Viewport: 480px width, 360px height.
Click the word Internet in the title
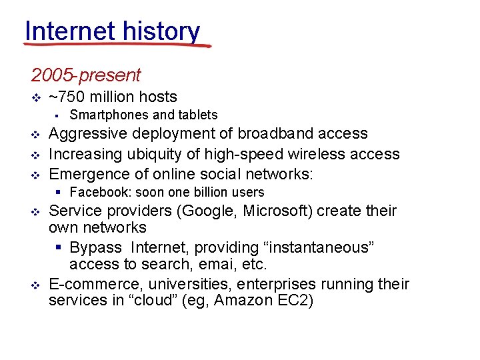coord(65,31)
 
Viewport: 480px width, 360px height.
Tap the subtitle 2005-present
coord(85,75)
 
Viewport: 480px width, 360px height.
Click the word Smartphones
coord(110,115)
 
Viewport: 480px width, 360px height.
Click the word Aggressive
coord(90,134)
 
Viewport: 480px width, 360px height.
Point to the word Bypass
coord(96,247)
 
